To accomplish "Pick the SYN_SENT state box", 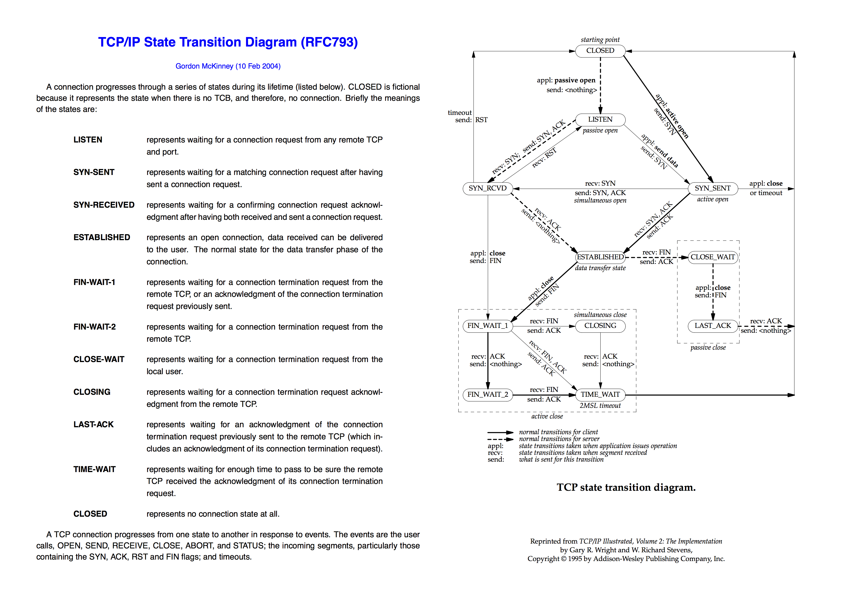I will tap(712, 188).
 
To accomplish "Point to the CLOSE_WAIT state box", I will tap(712, 257).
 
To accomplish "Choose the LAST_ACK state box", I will tap(712, 326).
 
